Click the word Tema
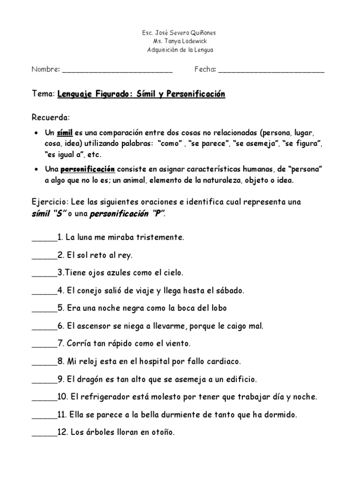point(43,94)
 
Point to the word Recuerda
point(50,116)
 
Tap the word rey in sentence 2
point(127,255)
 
